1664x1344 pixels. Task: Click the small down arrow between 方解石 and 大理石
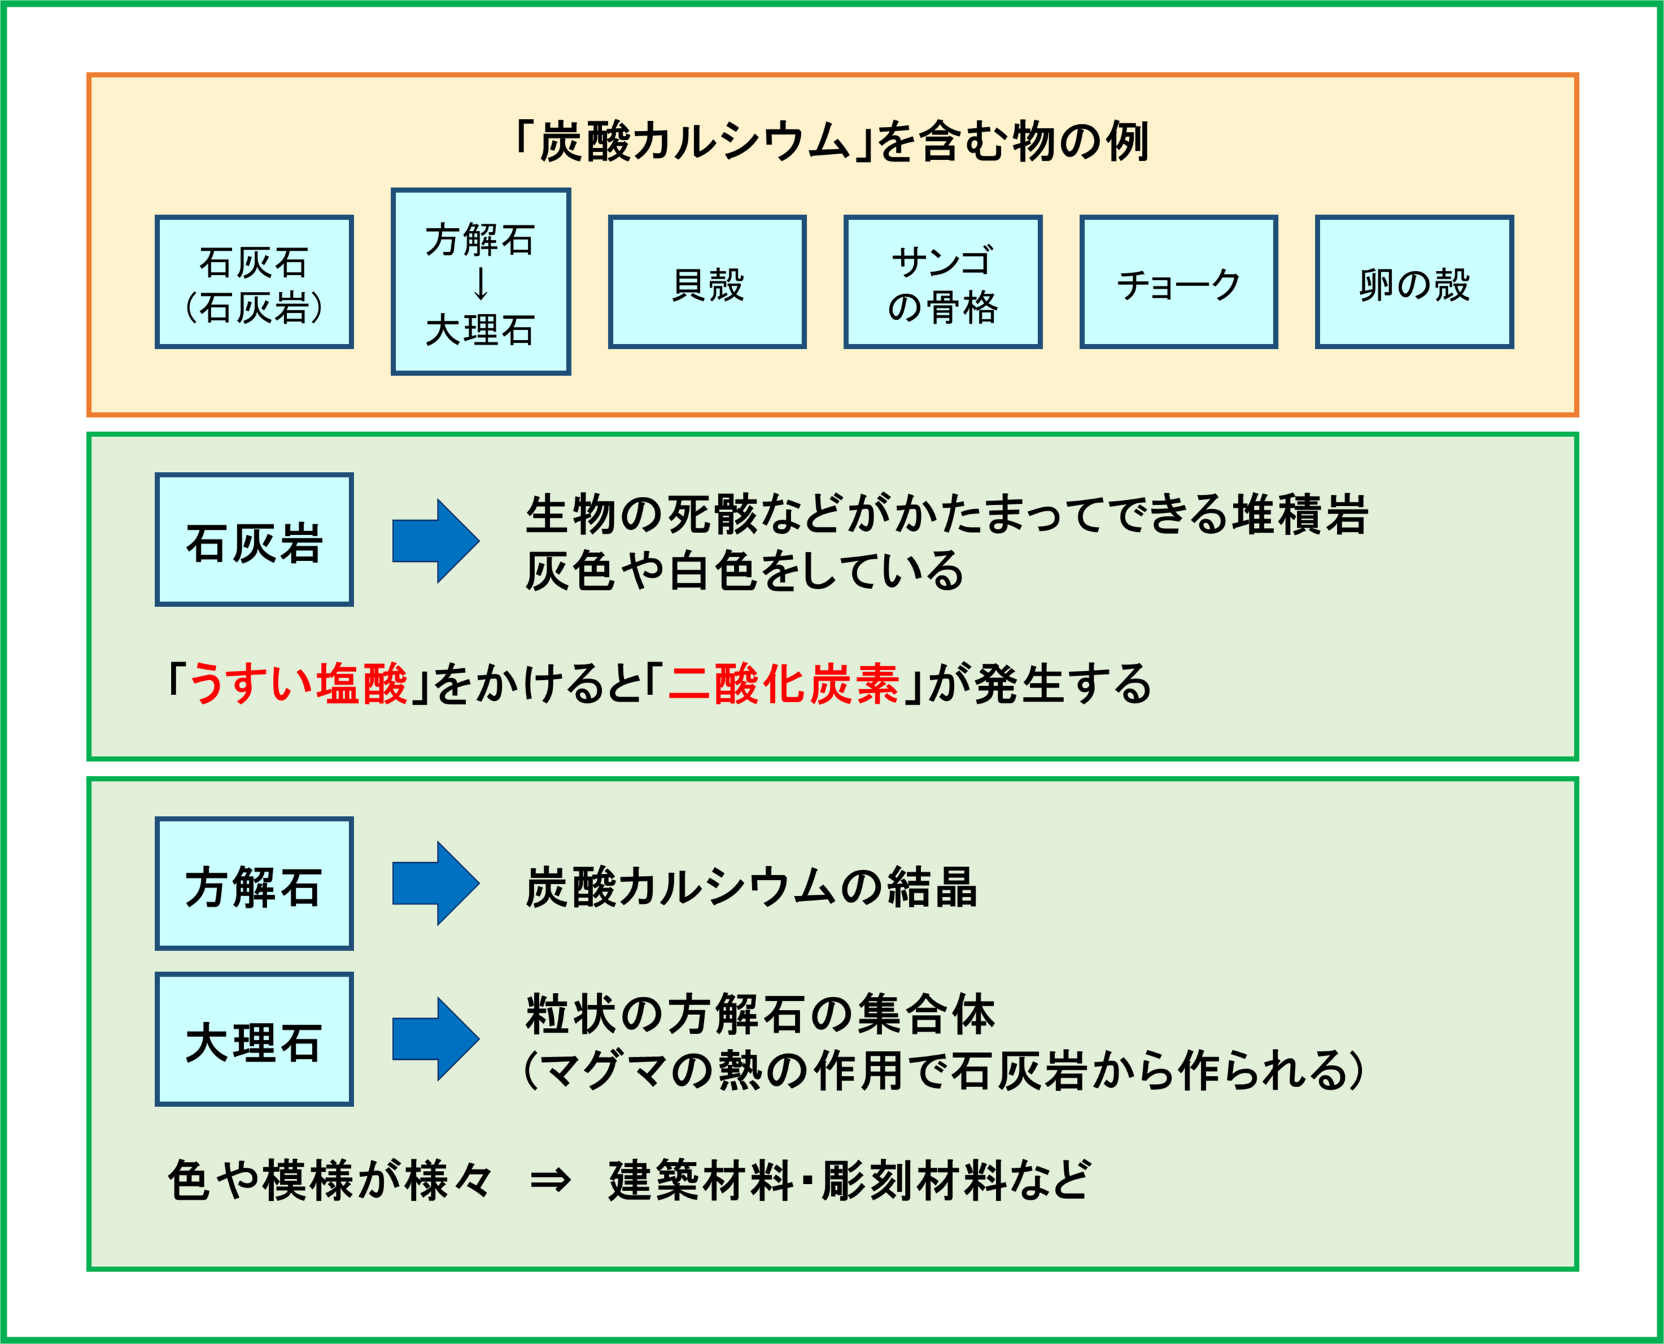coord(480,283)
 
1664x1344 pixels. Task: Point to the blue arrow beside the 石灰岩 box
coord(435,540)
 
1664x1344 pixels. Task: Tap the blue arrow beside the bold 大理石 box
coord(435,1039)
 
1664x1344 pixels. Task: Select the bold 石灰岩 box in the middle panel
coord(254,540)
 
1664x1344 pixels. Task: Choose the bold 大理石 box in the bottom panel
coord(254,1039)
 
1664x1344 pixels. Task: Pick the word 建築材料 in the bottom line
coord(701,1181)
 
